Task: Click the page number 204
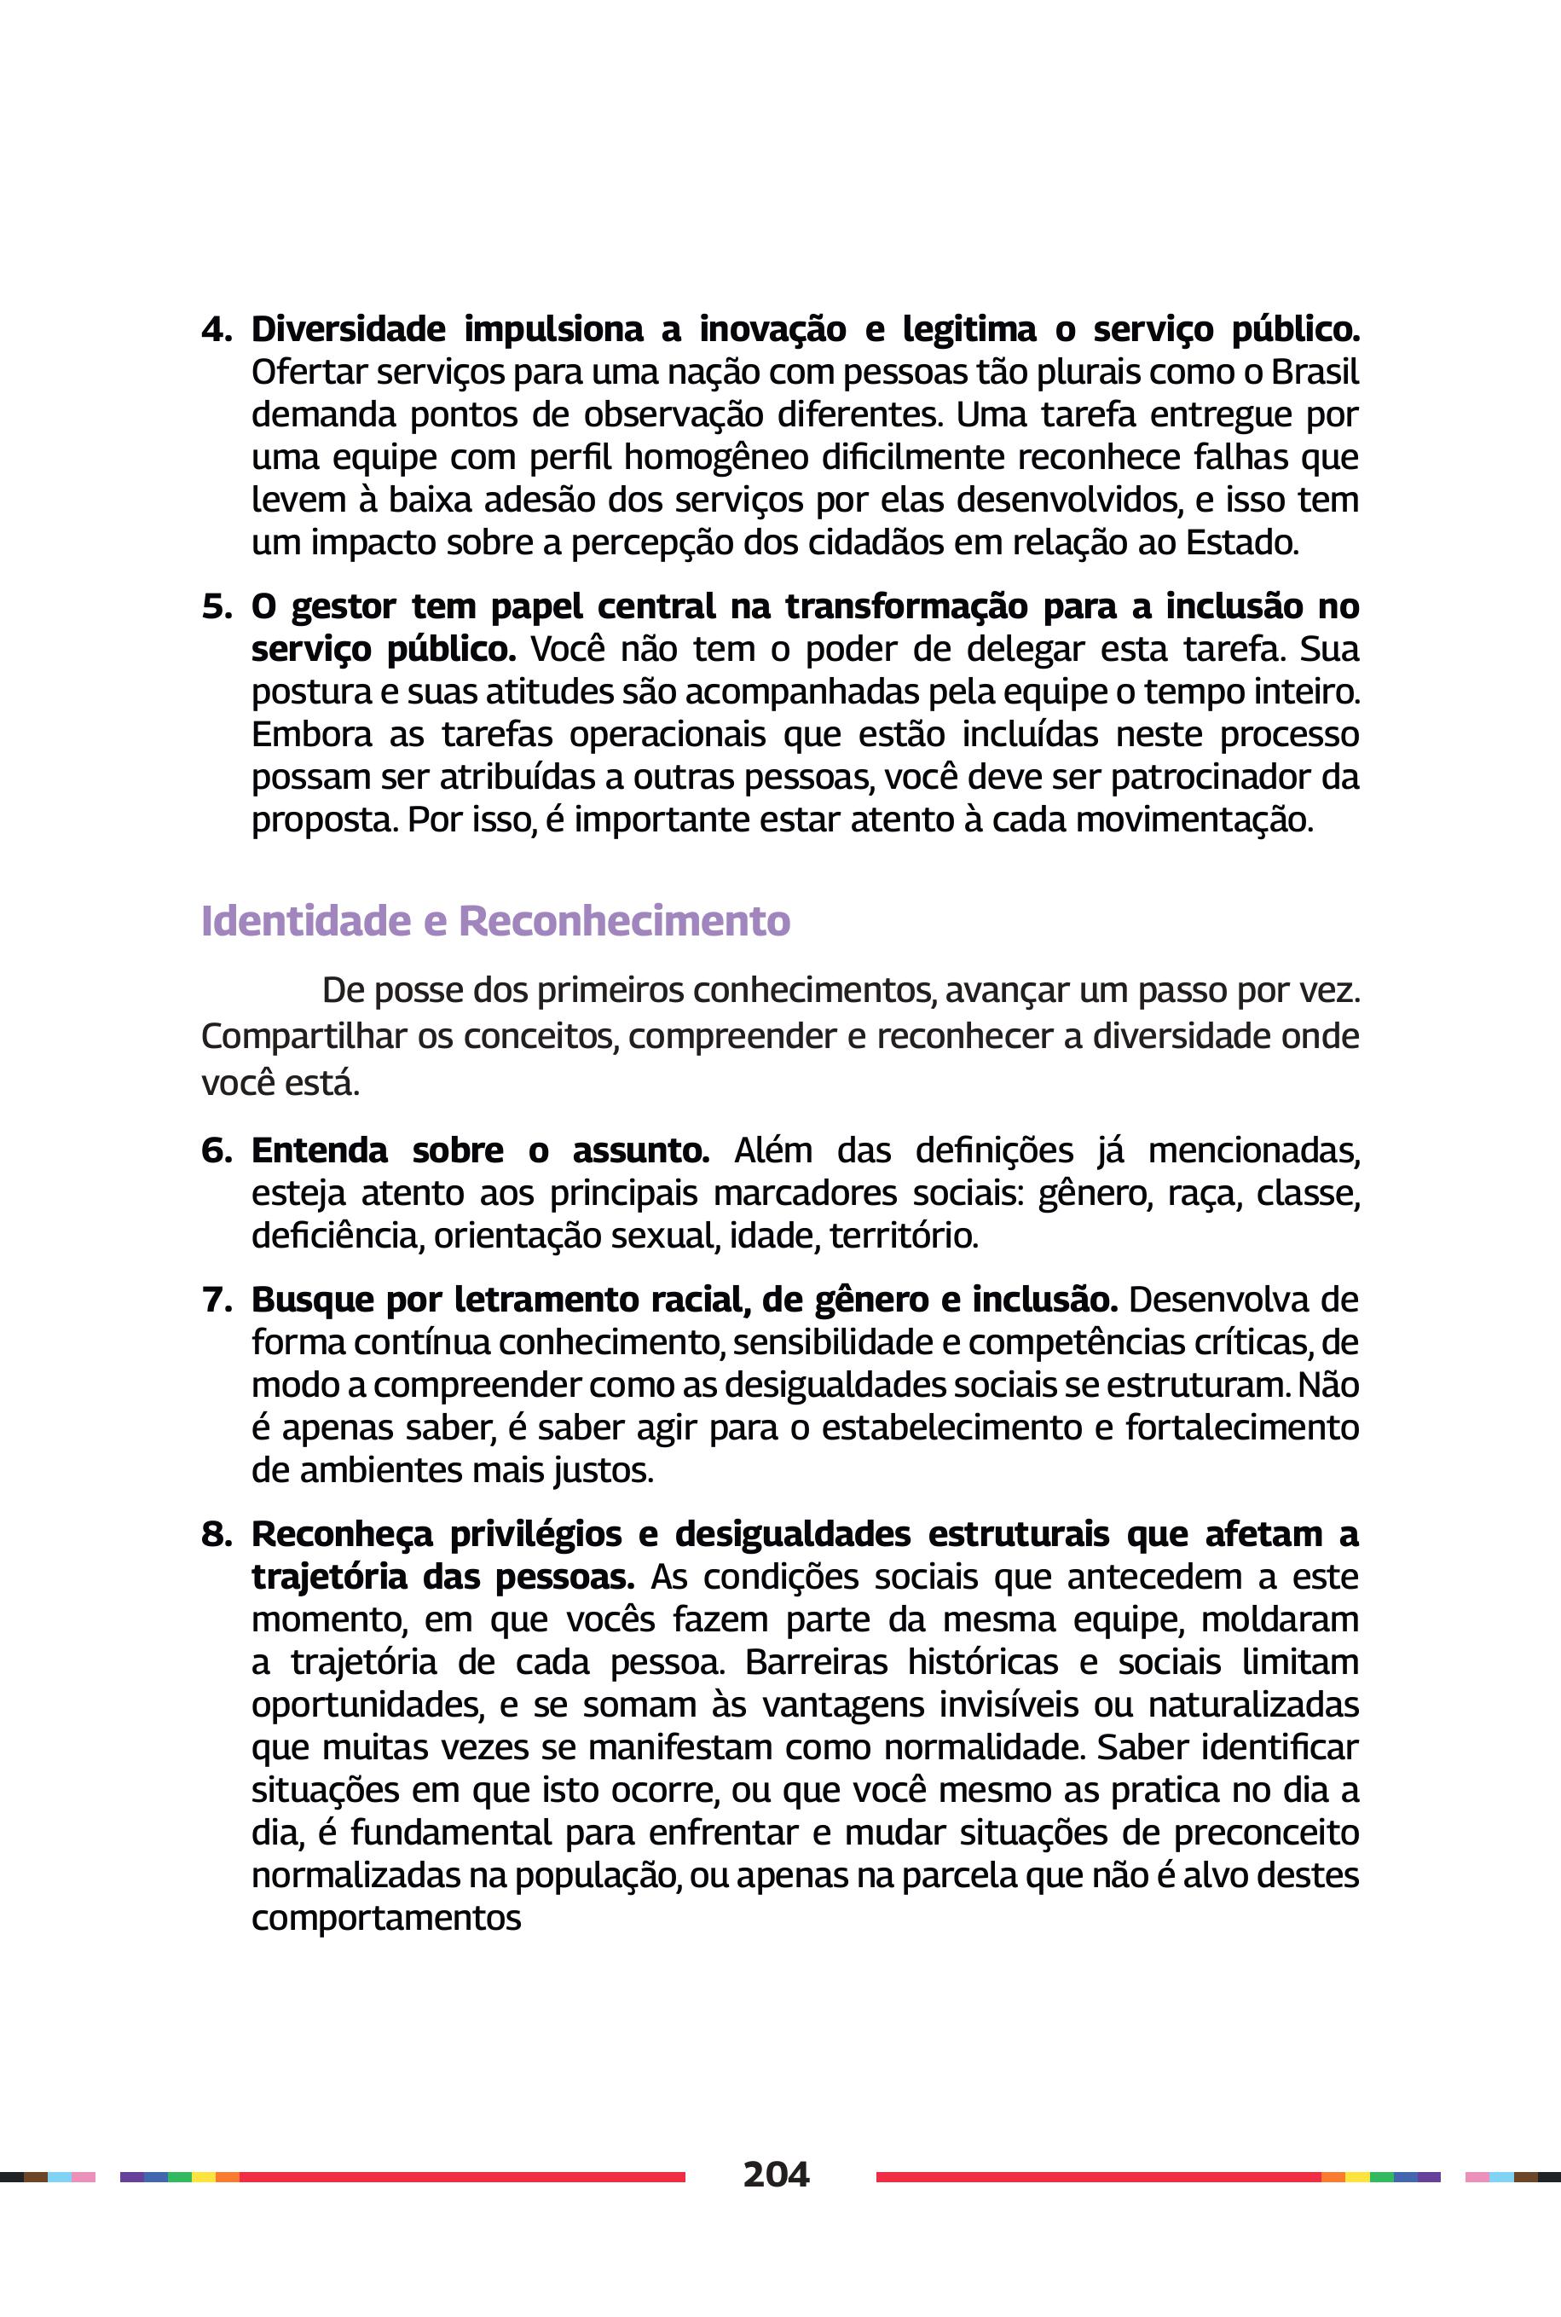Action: pos(776,2174)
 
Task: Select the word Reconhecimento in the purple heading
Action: pos(624,921)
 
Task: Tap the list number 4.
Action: pos(216,329)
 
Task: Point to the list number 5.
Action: pos(216,606)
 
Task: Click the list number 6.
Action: pos(216,1151)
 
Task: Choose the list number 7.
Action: pos(216,1300)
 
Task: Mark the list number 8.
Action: pos(216,1534)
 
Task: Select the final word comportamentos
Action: pos(386,1919)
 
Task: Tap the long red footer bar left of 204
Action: pos(462,2176)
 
